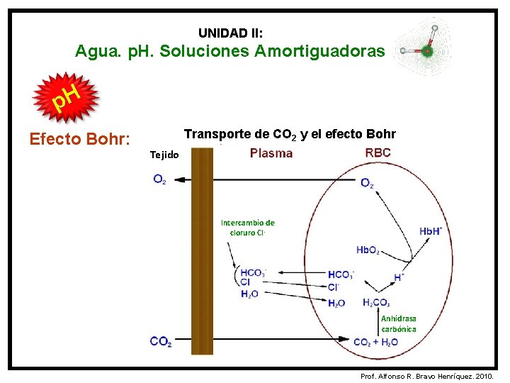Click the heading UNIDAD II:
(x=231, y=33)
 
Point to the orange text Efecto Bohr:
(x=79, y=138)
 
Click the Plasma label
(x=271, y=153)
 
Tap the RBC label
(x=378, y=152)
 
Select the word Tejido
(x=165, y=155)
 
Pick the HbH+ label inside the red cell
(x=431, y=231)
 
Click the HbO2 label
(x=368, y=250)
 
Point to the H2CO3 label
(x=376, y=303)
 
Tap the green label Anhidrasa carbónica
(x=399, y=324)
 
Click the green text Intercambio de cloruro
(x=247, y=227)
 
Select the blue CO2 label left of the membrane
(x=161, y=342)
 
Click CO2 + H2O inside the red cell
(x=375, y=342)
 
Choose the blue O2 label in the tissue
(x=160, y=179)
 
